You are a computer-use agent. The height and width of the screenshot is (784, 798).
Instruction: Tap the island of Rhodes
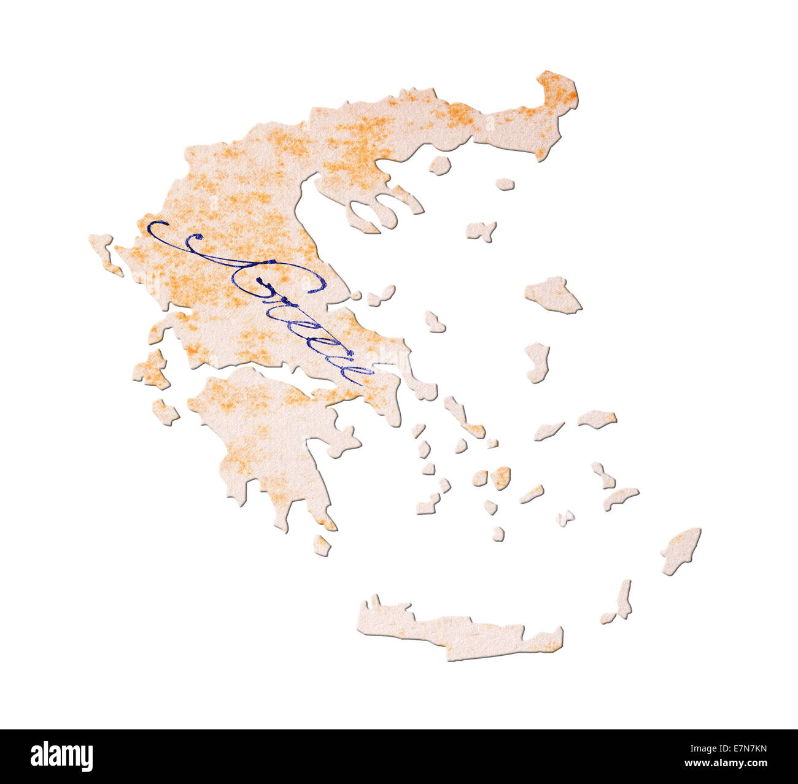pyautogui.click(x=681, y=550)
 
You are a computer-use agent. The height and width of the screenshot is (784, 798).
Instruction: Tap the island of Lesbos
pyautogui.click(x=552, y=294)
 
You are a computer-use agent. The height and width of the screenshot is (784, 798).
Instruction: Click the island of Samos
pyautogui.click(x=597, y=418)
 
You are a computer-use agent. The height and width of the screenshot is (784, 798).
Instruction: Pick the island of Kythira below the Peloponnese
pyautogui.click(x=322, y=545)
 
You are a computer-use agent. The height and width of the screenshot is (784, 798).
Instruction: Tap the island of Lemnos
pyautogui.click(x=480, y=231)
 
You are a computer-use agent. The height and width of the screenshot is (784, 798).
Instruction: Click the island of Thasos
pyautogui.click(x=440, y=165)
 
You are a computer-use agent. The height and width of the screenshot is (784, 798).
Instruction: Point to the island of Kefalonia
pyautogui.click(x=151, y=370)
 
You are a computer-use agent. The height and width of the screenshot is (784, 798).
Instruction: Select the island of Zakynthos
pyautogui.click(x=165, y=411)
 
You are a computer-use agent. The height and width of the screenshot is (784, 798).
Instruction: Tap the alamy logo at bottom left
pyautogui.click(x=61, y=756)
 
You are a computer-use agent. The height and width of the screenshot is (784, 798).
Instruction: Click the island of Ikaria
pyautogui.click(x=548, y=431)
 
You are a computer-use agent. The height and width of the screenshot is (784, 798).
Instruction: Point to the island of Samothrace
pyautogui.click(x=505, y=183)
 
